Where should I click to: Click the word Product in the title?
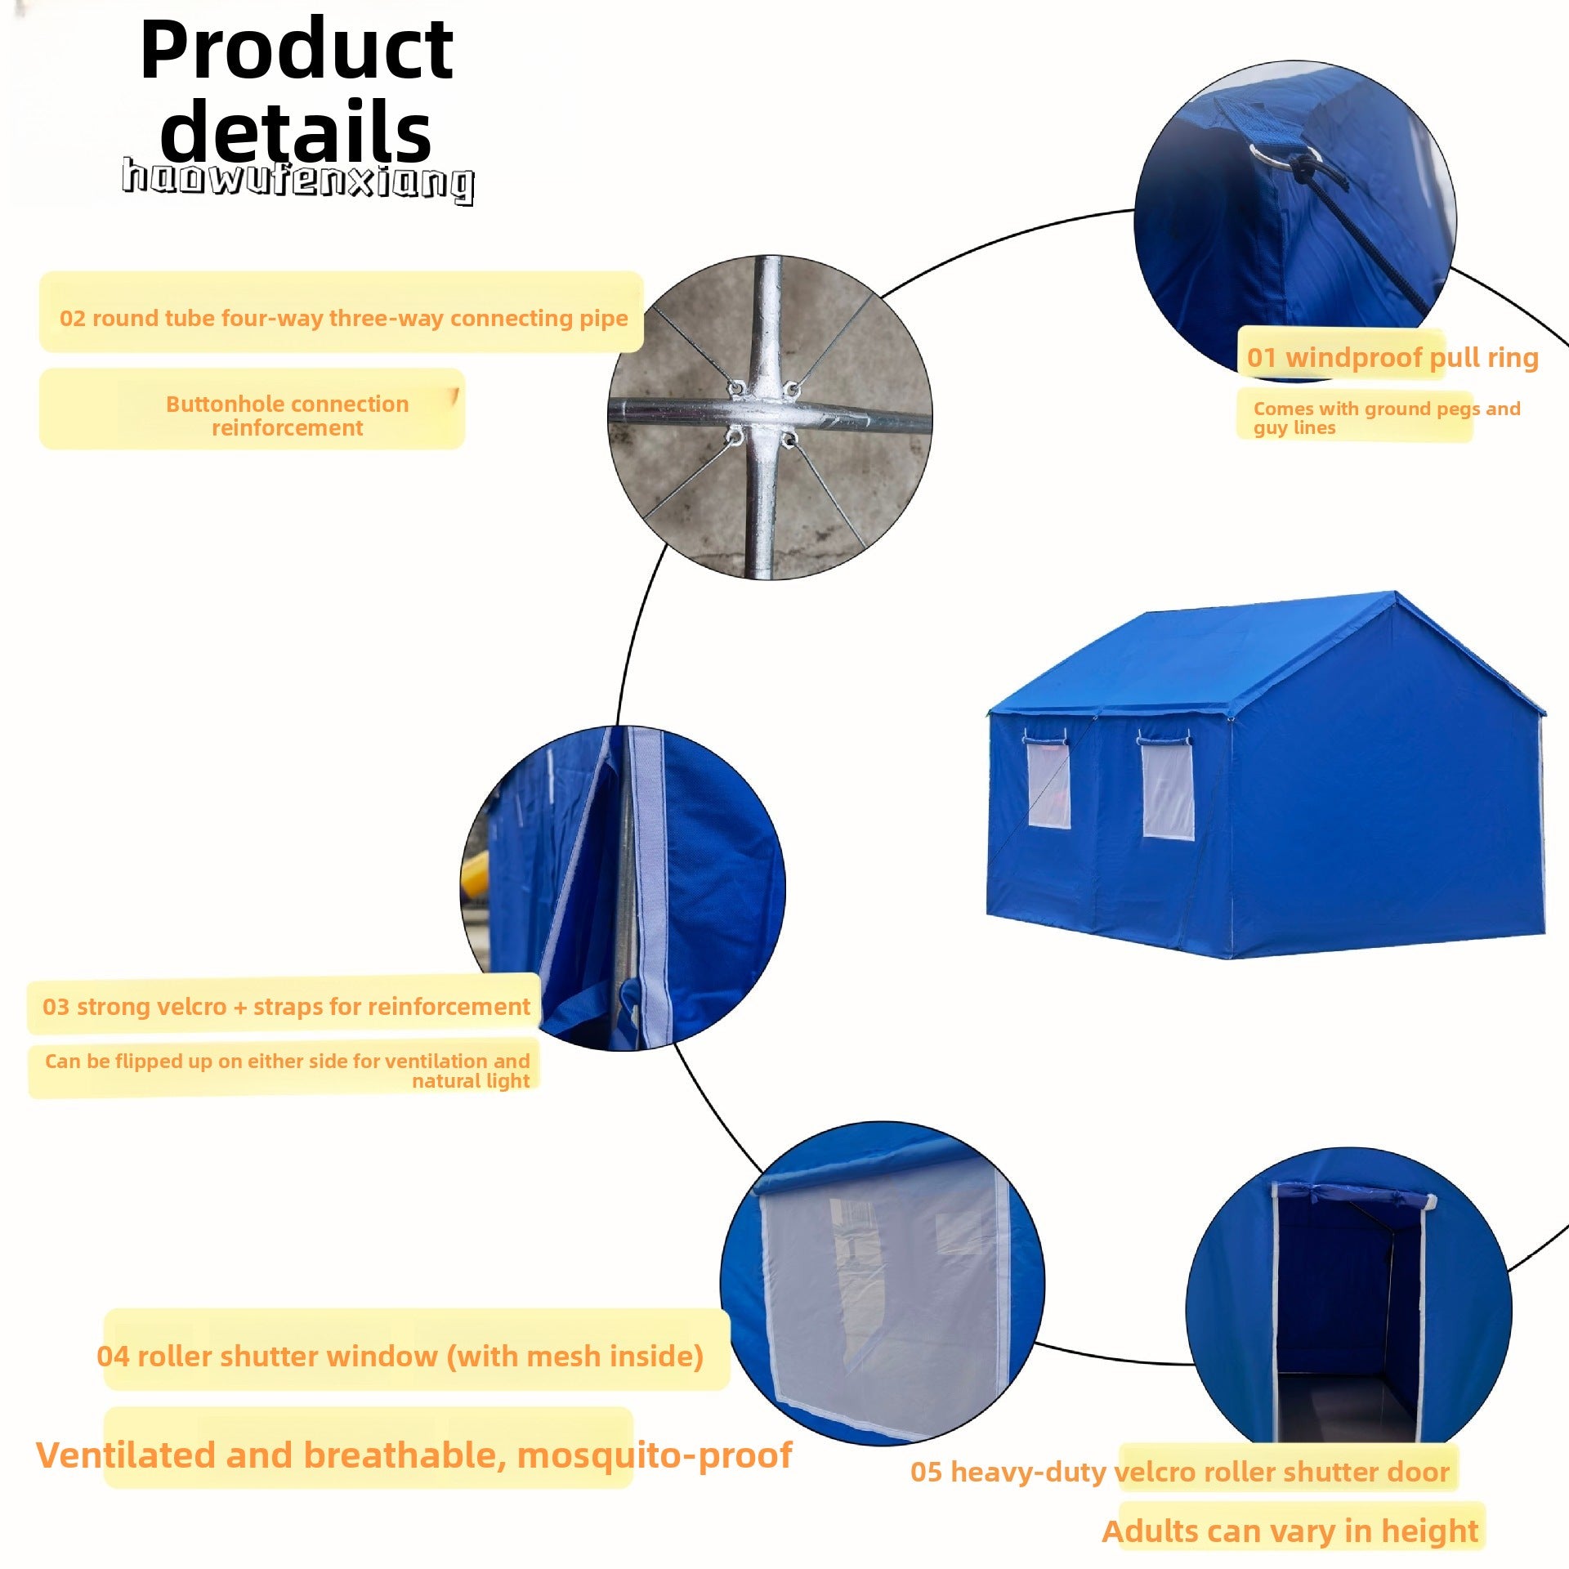coord(297,51)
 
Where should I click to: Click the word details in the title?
coord(296,131)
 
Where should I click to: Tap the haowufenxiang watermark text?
coord(298,180)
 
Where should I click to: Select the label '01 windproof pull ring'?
coord(1392,358)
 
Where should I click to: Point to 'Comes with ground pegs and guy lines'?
coord(1387,418)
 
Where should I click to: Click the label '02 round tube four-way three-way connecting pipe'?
coord(344,318)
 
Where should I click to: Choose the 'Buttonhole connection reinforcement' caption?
coord(288,415)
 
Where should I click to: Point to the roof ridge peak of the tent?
coord(1396,592)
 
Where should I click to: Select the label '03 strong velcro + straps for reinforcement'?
coord(287,1006)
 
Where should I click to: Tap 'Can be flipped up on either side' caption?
coord(288,1071)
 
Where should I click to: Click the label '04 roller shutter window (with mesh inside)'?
coord(400,1357)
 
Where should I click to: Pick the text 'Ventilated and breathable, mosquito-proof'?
coord(414,1455)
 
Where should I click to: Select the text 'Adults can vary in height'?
coord(1290,1531)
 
